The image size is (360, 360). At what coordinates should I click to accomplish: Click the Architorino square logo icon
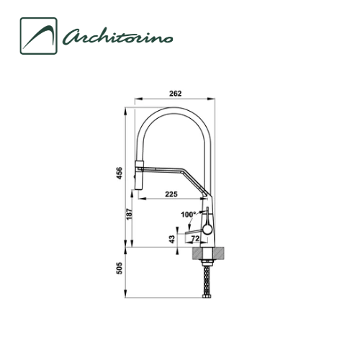(39, 36)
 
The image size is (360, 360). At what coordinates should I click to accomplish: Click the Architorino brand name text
(117, 37)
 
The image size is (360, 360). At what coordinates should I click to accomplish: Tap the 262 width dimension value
(176, 94)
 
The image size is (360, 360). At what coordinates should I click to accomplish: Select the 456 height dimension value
(120, 173)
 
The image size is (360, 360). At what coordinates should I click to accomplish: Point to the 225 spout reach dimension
(171, 194)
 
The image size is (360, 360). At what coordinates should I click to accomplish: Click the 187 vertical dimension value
(129, 214)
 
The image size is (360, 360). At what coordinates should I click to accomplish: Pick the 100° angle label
(189, 215)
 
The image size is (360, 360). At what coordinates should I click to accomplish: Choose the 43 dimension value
(172, 239)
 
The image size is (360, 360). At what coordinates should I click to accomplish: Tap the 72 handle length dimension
(195, 238)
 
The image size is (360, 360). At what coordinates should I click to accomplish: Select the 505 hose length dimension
(120, 269)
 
